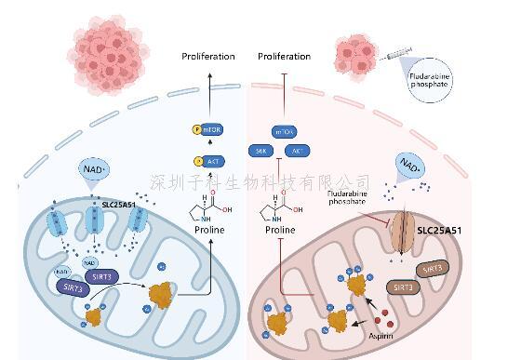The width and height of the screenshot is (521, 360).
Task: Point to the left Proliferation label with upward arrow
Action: tap(208, 57)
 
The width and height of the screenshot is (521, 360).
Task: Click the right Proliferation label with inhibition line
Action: tap(284, 57)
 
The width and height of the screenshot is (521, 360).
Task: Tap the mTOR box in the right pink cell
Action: tap(283, 132)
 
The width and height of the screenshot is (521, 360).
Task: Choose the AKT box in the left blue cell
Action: tap(209, 160)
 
